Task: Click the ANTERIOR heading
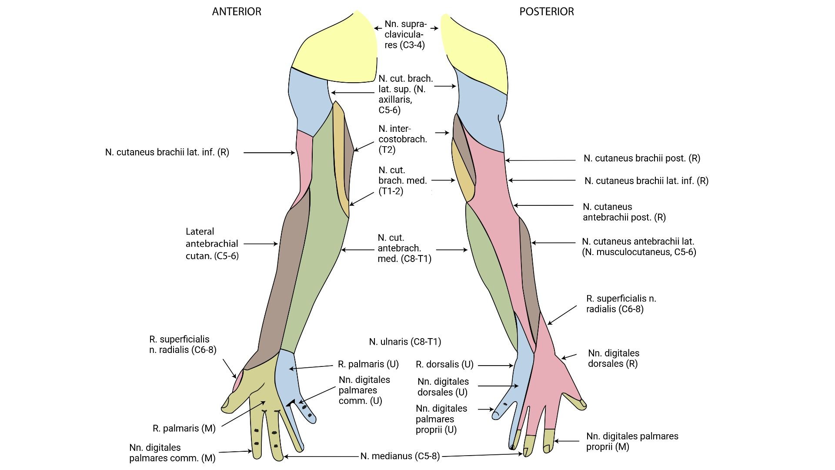coord(237,12)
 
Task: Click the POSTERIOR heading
coord(546,12)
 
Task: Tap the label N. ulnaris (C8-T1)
coord(405,342)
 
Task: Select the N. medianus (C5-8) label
coord(400,456)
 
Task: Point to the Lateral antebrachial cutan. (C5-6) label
coord(212,244)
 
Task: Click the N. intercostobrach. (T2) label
coord(402,139)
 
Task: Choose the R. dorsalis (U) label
coord(444,365)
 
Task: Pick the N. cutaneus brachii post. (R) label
coord(641,158)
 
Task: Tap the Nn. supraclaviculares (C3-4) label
coord(405,35)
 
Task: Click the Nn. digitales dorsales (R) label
coord(613,358)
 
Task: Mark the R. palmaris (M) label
coord(184,429)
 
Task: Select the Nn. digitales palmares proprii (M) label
coord(632,441)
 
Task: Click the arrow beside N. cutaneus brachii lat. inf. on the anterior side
coord(269,153)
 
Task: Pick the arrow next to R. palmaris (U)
coord(311,367)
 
